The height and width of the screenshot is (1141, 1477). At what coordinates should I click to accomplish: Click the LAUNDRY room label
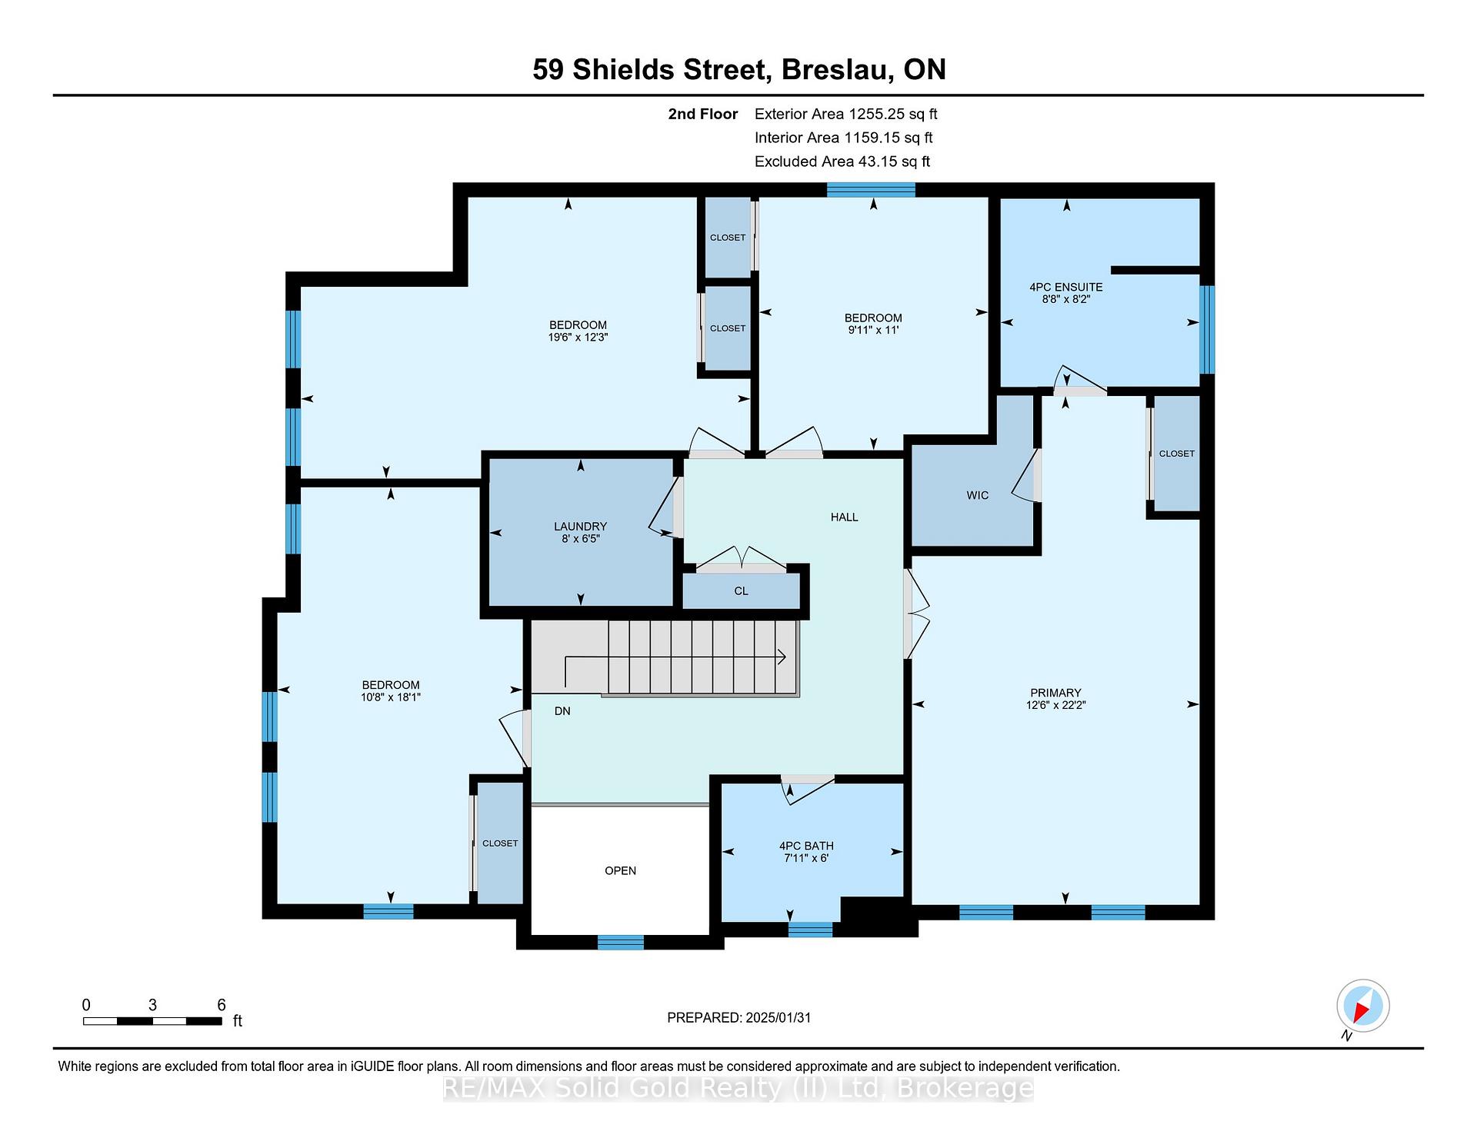point(580,527)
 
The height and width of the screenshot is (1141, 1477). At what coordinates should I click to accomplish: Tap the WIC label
point(978,495)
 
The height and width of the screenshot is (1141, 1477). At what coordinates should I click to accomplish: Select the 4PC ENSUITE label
point(1066,287)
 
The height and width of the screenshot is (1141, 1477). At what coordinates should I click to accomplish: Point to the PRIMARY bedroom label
point(1055,693)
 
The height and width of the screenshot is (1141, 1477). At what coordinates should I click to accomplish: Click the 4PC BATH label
point(806,846)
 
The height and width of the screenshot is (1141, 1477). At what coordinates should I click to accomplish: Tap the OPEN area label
point(620,871)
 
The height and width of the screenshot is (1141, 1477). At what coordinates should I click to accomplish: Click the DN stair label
point(562,711)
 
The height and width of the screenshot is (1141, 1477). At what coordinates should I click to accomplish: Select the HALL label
point(844,517)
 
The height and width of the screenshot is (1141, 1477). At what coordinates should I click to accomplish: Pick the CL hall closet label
point(741,591)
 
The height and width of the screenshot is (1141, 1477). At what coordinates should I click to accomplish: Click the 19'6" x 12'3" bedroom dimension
point(578,338)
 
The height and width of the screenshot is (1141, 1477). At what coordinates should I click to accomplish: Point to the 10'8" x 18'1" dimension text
point(391,697)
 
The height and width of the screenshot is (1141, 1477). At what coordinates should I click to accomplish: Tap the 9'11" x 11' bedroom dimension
point(873,331)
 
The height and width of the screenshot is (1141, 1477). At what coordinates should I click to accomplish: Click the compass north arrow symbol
point(1362,1006)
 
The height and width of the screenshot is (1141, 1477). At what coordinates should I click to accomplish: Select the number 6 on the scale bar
point(222,1005)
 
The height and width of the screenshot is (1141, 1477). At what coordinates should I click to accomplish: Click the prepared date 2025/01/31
point(779,1018)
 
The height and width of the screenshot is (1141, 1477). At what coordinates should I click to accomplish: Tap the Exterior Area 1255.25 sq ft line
point(845,114)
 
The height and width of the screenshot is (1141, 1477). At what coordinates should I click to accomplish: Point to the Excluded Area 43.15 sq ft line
point(842,161)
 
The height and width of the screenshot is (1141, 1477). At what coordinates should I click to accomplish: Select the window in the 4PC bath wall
point(810,930)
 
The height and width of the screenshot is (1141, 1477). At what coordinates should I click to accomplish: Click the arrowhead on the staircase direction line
point(782,657)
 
